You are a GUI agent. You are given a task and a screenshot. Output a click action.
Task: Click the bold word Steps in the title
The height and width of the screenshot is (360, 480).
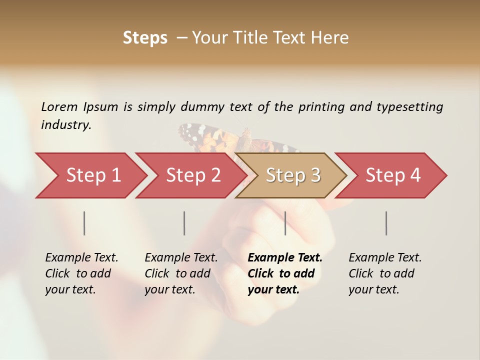point(145,38)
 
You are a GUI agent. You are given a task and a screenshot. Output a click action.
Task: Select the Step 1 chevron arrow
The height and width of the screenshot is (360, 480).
point(90,175)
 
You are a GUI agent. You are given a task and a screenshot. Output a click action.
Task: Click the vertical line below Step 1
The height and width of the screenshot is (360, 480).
point(84,223)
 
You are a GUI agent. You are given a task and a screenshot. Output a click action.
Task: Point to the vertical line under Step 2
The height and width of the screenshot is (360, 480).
point(184,223)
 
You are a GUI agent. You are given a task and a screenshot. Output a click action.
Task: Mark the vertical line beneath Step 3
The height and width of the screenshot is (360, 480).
point(285,223)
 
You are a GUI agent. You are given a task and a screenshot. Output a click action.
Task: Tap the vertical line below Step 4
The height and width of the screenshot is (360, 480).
point(386,223)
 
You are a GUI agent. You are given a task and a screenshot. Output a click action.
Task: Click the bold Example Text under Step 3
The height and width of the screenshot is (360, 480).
point(285,273)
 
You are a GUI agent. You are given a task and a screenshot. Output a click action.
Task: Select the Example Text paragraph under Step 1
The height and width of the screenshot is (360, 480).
point(81,273)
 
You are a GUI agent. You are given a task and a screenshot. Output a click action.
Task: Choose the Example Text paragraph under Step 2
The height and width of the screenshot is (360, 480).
point(181,273)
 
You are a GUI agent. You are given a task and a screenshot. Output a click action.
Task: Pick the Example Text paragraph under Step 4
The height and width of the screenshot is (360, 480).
point(385,273)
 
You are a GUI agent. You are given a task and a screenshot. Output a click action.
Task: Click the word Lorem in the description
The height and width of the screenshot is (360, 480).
point(59,106)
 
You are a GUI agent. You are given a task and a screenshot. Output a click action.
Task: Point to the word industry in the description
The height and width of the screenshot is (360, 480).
point(66,125)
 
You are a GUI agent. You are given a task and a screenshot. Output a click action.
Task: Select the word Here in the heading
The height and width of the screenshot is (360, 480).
point(330,38)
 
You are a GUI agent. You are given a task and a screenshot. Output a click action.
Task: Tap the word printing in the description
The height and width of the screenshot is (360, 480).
point(321,107)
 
